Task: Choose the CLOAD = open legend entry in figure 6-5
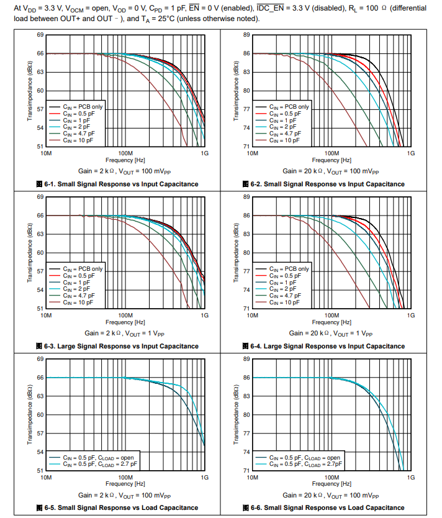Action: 98,457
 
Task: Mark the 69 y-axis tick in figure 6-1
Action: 39,35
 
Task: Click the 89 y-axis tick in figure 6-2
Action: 246,35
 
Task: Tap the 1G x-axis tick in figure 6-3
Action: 205,316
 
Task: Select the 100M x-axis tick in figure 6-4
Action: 331,316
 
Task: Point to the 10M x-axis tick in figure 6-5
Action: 45,478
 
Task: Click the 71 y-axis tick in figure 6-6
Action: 246,470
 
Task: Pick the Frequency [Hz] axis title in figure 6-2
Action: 331,160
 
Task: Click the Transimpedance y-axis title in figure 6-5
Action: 30,415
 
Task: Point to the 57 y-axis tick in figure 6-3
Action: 39,271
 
